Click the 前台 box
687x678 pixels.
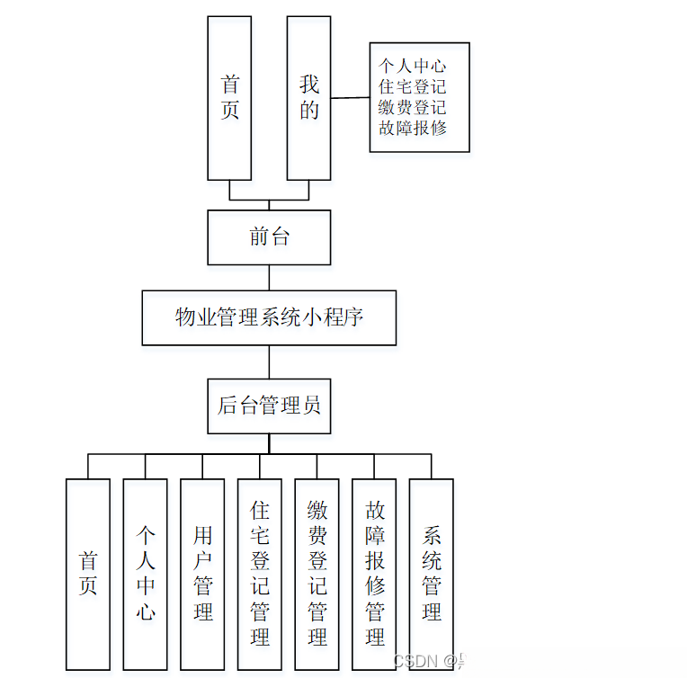point(269,237)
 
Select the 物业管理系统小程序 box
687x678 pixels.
point(269,317)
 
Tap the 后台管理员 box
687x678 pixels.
point(269,406)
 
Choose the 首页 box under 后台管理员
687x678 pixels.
point(88,574)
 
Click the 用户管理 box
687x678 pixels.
point(202,574)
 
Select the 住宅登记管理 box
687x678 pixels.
point(260,574)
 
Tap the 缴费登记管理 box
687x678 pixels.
point(317,574)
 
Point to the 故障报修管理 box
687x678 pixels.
point(374,574)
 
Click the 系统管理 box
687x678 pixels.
point(431,574)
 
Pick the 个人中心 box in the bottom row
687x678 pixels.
point(146,574)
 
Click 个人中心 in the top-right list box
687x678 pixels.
point(413,66)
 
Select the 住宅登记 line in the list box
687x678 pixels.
point(413,86)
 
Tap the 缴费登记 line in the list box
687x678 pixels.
point(413,107)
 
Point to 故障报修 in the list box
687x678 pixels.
point(413,128)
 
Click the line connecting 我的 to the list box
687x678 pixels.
point(351,98)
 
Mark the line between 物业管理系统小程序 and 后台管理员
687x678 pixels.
point(269,361)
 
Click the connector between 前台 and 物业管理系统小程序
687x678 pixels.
point(269,277)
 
